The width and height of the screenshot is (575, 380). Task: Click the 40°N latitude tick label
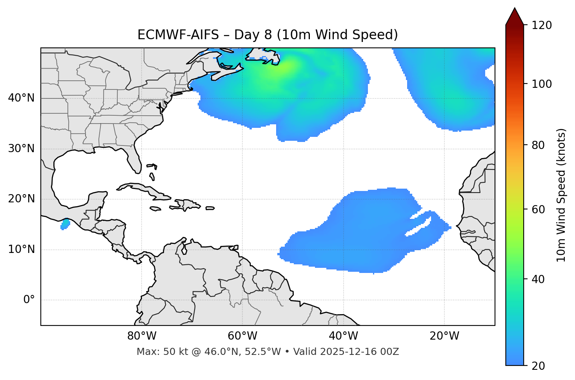pos(21,98)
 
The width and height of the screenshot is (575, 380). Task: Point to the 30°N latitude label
pos(21,149)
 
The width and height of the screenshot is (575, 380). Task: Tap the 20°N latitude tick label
pos(21,199)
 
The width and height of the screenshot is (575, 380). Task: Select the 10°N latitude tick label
pos(21,249)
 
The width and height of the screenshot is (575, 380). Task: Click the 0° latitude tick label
pos(29,300)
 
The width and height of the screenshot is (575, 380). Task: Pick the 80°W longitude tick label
pos(142,336)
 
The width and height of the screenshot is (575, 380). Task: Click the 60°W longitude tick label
pos(242,336)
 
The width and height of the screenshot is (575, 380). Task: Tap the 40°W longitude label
pos(343,336)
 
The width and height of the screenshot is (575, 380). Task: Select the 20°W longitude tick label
pos(444,336)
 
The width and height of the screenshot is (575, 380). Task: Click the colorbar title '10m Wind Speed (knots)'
pos(561,195)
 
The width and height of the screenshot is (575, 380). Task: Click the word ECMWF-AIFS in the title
pos(178,35)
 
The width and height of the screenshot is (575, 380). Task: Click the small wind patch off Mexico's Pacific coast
pos(65,224)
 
